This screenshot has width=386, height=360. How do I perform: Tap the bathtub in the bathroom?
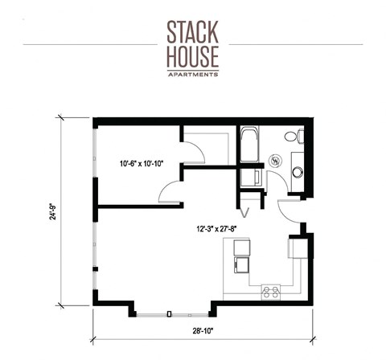(x=248, y=145)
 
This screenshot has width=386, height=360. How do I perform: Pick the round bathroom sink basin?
(x=297, y=172)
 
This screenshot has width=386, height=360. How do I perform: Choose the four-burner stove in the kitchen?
(x=270, y=292)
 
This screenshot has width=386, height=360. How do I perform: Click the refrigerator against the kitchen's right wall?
(x=295, y=247)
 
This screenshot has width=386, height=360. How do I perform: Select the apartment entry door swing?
(x=287, y=211)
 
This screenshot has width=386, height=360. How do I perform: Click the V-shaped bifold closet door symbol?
(x=246, y=211)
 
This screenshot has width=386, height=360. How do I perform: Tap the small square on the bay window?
(x=169, y=313)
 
